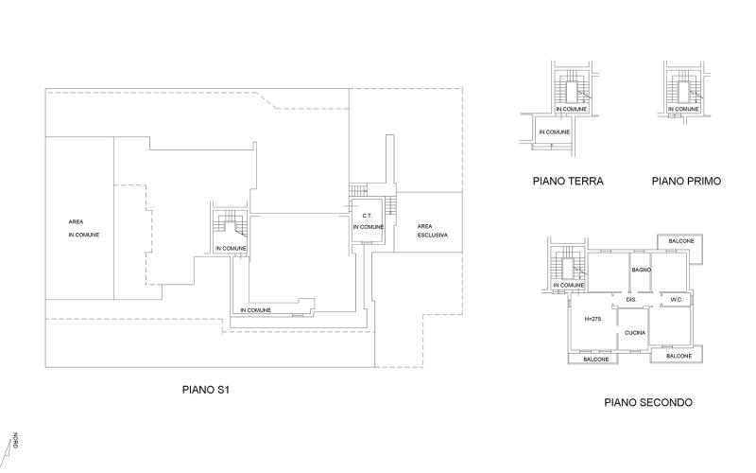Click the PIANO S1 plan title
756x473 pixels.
click(x=205, y=390)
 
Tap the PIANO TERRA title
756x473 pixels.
click(x=568, y=181)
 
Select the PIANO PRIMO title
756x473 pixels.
click(x=687, y=181)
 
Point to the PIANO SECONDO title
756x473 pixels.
click(x=648, y=403)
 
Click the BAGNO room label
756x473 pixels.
click(x=642, y=270)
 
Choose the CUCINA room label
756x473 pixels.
click(x=635, y=333)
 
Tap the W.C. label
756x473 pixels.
click(x=677, y=300)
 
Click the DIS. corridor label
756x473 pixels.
click(x=631, y=300)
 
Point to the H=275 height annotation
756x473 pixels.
click(x=593, y=319)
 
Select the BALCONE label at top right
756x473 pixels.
click(x=681, y=241)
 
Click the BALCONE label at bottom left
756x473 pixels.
click(x=596, y=359)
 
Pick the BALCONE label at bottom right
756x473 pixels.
click(x=679, y=357)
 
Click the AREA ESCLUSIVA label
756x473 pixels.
click(x=433, y=231)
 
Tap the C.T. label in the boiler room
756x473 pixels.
click(x=367, y=216)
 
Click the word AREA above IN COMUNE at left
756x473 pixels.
click(x=76, y=222)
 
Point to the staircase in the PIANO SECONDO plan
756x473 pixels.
click(x=568, y=268)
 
